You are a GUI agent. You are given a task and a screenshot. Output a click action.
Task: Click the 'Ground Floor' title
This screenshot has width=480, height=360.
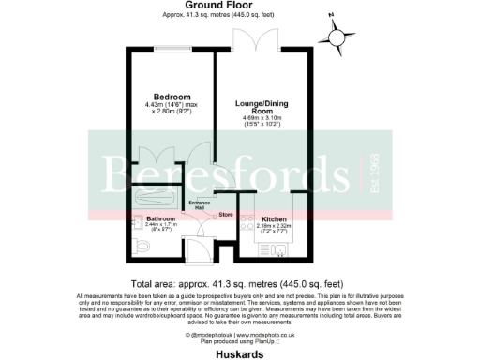[239, 6]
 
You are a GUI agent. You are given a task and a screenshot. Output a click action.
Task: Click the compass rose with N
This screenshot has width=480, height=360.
[339, 35]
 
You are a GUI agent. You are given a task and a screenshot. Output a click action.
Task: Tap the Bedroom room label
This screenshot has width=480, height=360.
[172, 97]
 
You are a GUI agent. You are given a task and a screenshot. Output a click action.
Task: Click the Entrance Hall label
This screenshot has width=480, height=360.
[199, 204]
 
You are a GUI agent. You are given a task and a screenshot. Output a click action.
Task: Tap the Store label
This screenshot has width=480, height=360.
[225, 217]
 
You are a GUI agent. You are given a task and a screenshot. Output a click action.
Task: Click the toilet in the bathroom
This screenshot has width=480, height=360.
[129, 247]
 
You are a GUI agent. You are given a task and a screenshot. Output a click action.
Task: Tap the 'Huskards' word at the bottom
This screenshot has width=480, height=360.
[239, 353]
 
